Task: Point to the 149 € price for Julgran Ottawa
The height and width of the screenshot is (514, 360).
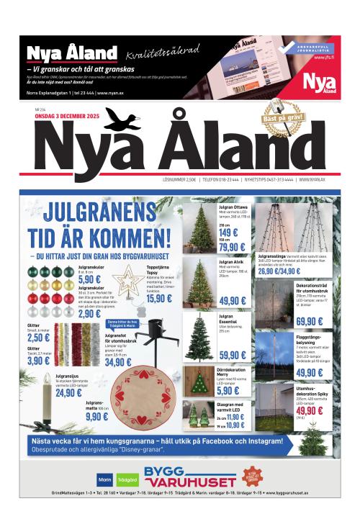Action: pos(229,233)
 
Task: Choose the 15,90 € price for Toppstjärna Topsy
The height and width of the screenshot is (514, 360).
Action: pos(160,298)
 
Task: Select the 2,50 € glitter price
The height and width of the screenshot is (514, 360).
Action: pos(39,338)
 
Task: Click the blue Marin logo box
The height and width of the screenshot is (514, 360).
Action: pos(104,479)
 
